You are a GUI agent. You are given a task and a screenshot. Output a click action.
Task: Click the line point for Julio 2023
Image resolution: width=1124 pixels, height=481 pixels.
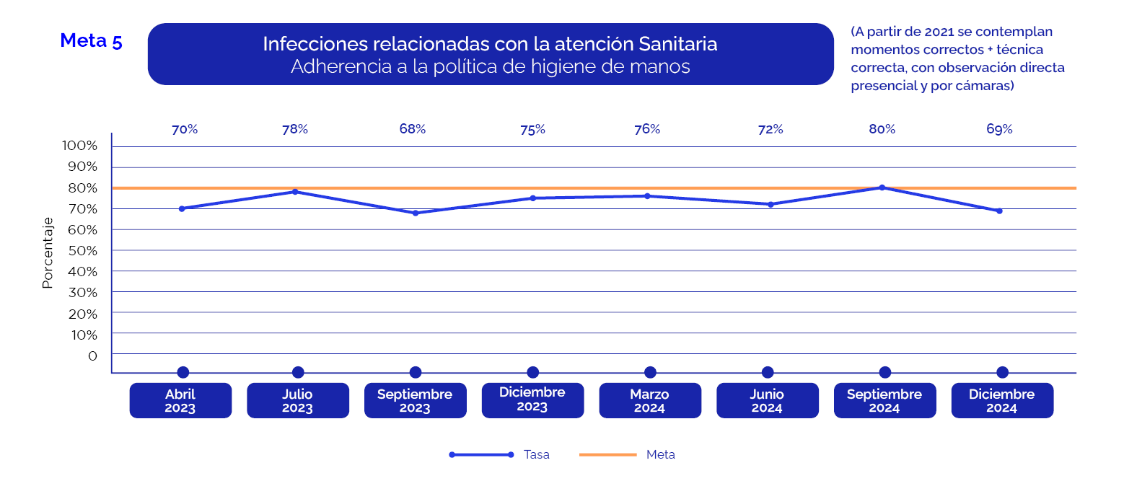point(295,192)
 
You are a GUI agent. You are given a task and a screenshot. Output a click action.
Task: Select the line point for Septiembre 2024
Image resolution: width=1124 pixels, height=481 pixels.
point(882,187)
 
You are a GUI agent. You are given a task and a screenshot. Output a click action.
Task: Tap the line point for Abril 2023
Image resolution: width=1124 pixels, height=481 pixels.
point(182,208)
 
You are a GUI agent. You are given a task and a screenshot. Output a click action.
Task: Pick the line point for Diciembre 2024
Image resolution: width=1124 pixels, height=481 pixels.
point(999,211)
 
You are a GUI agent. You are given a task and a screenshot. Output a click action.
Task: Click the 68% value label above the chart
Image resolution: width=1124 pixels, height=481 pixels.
point(413,129)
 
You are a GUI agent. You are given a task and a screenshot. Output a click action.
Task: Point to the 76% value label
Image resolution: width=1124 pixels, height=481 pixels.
point(647,129)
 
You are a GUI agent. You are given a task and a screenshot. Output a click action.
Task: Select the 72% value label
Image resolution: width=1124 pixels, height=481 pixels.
point(770,130)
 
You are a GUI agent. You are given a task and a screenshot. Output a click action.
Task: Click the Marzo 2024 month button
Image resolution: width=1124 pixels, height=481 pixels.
point(649,401)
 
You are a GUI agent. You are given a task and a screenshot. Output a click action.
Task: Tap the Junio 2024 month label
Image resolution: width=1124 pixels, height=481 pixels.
point(767,401)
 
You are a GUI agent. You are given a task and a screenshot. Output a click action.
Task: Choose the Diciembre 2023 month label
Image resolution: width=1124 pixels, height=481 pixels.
point(532,400)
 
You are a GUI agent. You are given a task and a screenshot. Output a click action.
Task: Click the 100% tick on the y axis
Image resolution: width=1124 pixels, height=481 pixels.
point(79,146)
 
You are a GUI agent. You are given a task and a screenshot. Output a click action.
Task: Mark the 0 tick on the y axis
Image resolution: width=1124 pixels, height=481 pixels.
point(92,356)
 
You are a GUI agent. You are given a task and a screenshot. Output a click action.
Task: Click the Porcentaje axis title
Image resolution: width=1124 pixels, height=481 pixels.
point(48,252)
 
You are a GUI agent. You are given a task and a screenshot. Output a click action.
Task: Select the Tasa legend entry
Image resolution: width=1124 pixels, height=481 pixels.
point(536,454)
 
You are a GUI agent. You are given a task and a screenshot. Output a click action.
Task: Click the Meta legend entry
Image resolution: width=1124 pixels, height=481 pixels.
point(660,454)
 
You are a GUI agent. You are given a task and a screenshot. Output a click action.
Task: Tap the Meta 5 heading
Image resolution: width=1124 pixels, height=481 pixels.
point(91,41)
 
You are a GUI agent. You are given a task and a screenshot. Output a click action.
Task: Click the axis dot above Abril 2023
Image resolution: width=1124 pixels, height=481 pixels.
point(183,372)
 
